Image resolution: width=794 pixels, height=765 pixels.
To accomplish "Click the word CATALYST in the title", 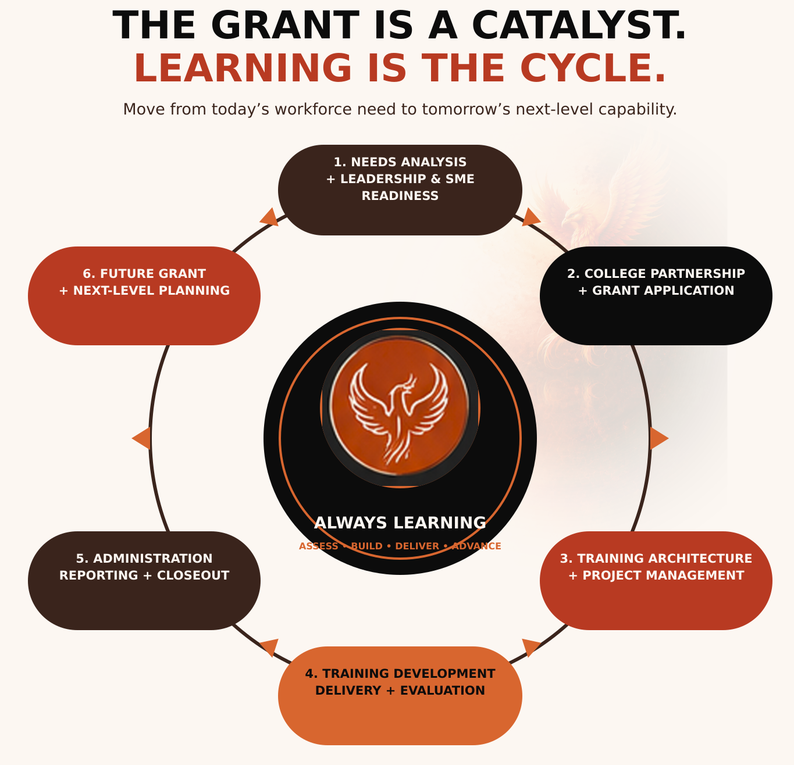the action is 579,25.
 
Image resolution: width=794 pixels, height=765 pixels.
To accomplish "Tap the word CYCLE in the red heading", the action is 593,68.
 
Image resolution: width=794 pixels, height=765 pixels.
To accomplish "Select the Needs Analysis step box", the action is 400,190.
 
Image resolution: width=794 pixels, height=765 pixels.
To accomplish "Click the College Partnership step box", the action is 656,296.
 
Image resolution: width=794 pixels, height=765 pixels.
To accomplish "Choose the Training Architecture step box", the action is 656,581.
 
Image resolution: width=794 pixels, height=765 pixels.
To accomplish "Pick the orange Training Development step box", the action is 400,696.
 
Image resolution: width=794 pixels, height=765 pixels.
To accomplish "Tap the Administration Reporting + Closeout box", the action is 144,581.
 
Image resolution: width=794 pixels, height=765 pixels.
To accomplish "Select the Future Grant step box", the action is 144,296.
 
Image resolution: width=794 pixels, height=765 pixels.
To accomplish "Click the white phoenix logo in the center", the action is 398,413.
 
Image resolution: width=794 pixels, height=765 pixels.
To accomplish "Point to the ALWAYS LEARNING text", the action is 400,523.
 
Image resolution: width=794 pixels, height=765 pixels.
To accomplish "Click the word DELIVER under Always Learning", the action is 417,546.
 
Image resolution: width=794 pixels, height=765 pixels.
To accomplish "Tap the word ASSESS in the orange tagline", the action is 319,546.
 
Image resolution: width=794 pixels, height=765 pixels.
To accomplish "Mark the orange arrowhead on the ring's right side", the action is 658,438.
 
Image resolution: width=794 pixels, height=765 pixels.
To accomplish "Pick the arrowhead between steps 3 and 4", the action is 529,647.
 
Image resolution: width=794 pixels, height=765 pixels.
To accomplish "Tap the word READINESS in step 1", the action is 400,196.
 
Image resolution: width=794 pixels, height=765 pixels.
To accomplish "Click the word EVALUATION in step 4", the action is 442,691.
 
